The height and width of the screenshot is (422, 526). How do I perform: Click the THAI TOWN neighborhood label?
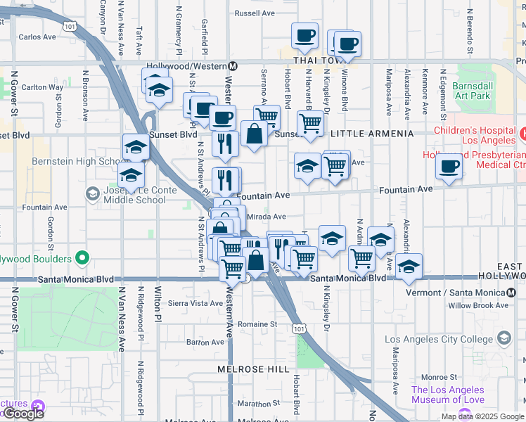[x=312, y=60]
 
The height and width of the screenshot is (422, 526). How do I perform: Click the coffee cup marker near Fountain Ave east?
[x=448, y=167]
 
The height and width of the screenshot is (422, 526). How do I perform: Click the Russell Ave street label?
[x=255, y=13]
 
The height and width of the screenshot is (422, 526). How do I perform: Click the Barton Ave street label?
[x=205, y=343]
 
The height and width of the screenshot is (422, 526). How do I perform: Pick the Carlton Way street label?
[x=42, y=87]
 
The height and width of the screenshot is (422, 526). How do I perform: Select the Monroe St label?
[x=439, y=377]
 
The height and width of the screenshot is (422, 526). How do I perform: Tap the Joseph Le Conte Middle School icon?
[x=92, y=193]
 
